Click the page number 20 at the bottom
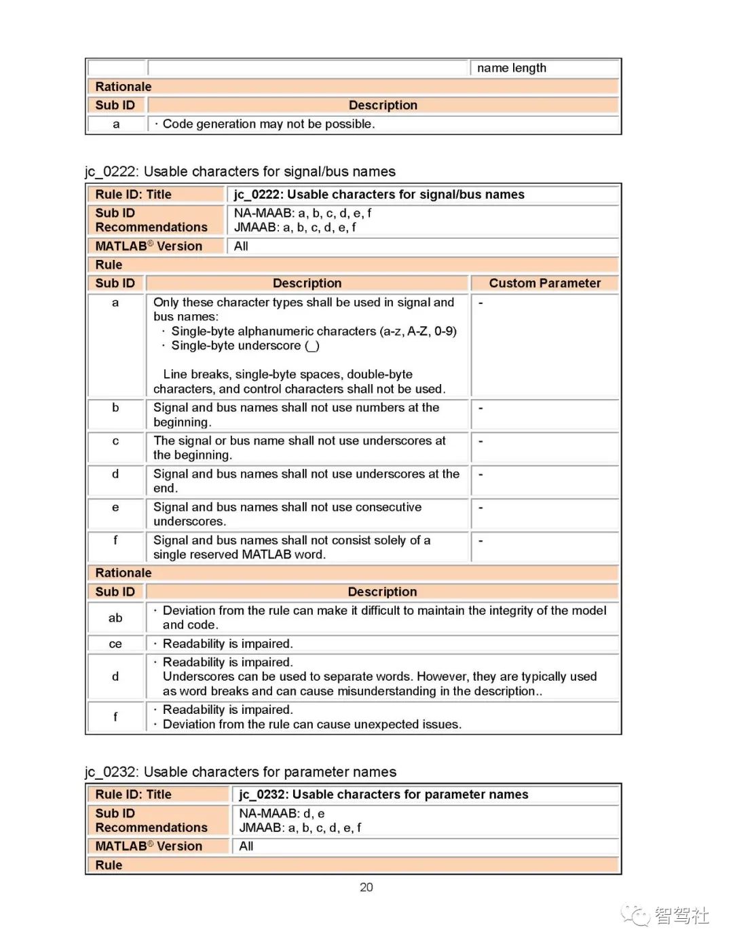tap(366, 887)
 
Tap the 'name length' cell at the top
tap(511, 68)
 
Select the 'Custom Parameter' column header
tap(544, 283)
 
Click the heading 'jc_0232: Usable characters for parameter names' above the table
tap(240, 772)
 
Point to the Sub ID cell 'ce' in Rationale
tap(115, 643)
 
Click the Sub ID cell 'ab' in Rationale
tap(115, 618)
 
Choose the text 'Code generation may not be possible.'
tap(268, 124)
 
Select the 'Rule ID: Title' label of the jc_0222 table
tap(133, 194)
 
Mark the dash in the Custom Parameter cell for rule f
tap(481, 541)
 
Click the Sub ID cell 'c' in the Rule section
tap(115, 441)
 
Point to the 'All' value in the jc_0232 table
tap(246, 846)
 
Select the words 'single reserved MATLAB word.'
tap(239, 554)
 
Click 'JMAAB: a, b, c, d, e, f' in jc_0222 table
tap(295, 227)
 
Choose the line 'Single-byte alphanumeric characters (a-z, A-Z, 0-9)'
tap(314, 331)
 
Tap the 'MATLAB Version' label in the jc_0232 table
tap(149, 846)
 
